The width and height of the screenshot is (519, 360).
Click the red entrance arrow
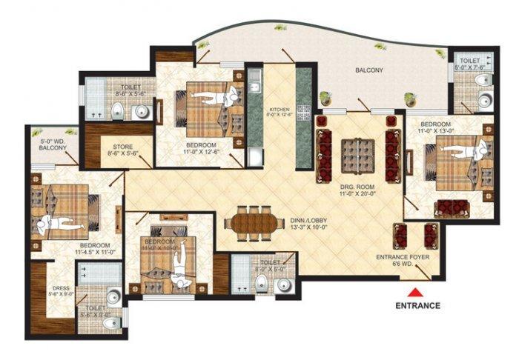(x=417, y=291)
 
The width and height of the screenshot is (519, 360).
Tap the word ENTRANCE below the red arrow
(x=417, y=305)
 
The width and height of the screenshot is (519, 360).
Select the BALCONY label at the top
(x=368, y=70)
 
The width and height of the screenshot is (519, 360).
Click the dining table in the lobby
(x=253, y=224)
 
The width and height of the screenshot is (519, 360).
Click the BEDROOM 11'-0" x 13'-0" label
(x=435, y=126)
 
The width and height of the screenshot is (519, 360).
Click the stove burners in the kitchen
(x=303, y=112)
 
